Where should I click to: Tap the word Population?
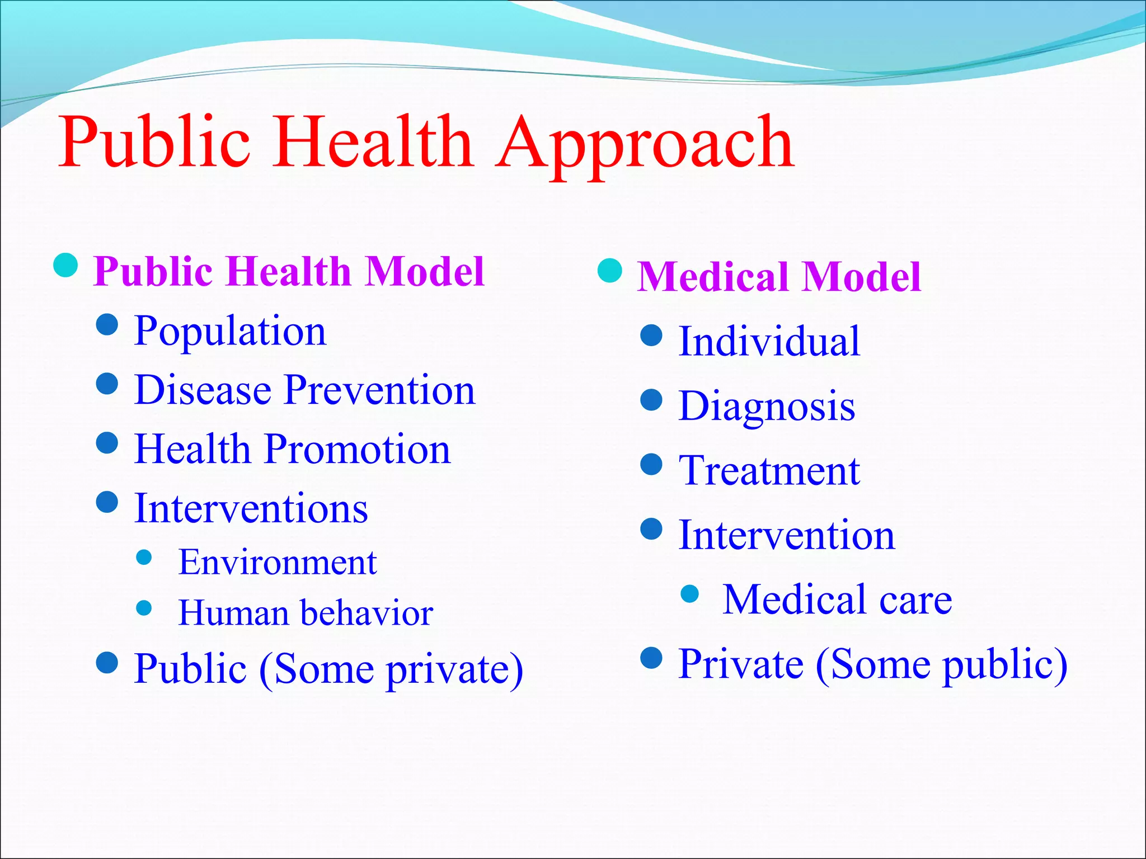(230, 331)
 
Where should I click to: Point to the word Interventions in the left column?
(251, 508)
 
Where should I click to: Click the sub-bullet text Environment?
(278, 562)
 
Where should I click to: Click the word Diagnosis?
(767, 406)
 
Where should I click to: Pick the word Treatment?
(769, 471)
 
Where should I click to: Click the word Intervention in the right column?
(786, 535)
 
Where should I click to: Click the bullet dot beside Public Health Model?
(65, 265)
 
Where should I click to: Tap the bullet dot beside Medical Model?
(609, 271)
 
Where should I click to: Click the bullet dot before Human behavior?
(144, 608)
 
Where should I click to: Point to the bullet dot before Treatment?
(651, 464)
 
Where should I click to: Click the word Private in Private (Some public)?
(741, 664)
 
